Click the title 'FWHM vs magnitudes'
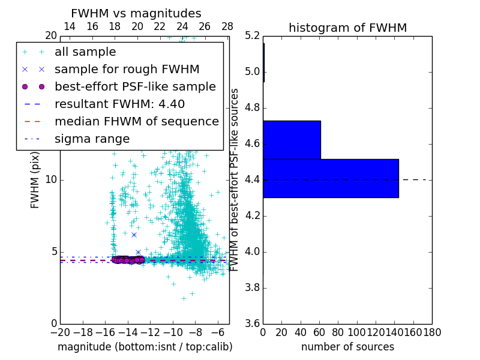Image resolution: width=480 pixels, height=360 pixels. [x=136, y=13]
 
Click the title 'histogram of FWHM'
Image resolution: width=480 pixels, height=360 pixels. [x=347, y=28]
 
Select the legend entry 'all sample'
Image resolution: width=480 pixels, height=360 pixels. [x=85, y=52]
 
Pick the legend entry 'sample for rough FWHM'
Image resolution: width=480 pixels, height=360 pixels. [x=127, y=69]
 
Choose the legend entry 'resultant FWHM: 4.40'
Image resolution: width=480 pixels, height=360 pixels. [x=119, y=104]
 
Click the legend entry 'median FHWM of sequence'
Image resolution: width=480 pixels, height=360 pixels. [x=136, y=121]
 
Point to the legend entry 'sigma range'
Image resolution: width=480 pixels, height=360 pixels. [x=92, y=139]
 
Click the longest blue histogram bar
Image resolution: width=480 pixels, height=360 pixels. [x=331, y=178]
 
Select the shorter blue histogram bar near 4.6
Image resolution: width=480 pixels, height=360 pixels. [x=292, y=140]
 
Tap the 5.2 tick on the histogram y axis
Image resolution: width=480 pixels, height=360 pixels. [x=253, y=36]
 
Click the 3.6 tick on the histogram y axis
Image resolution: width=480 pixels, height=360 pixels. [x=253, y=323]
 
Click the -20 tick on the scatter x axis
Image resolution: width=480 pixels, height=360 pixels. [x=60, y=332]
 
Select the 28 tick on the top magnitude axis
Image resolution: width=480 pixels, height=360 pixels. [x=227, y=27]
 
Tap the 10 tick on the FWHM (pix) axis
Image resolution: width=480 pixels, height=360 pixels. [x=52, y=179]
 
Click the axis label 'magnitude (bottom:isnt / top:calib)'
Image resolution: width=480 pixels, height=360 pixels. [x=145, y=347]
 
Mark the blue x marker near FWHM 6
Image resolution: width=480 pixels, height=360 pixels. [x=134, y=235]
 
